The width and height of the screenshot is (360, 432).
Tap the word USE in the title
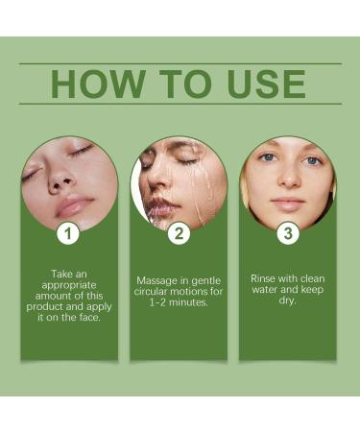click(264, 84)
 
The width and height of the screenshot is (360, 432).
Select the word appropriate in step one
click(69, 286)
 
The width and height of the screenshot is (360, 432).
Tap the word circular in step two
click(159, 293)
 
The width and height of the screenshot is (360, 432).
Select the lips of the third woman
click(288, 203)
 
